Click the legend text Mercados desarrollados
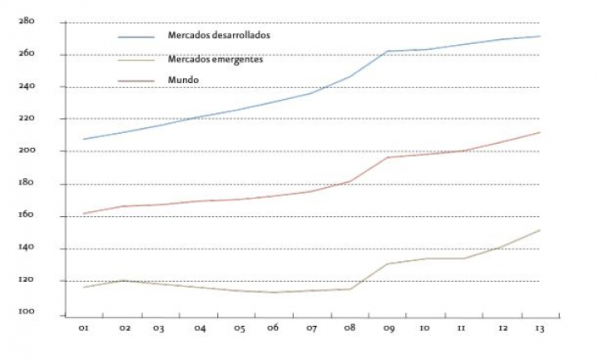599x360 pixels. [x=219, y=35]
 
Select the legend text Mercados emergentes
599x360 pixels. [x=215, y=59]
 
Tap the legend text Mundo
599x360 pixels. [x=183, y=80]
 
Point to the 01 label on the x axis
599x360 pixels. [x=84, y=328]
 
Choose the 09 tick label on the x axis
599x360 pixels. [x=388, y=328]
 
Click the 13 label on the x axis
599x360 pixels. [x=538, y=328]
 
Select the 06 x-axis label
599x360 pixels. [x=273, y=328]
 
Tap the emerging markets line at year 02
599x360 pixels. [x=124, y=280]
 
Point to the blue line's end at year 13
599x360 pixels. [x=540, y=36]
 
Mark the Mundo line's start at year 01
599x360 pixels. [x=84, y=214]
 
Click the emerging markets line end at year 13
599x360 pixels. [x=540, y=230]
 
